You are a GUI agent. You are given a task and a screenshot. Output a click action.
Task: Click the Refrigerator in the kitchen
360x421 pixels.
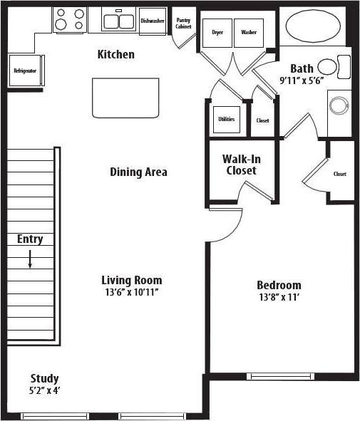point(25,71)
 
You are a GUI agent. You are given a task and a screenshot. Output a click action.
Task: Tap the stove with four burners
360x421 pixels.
point(70,20)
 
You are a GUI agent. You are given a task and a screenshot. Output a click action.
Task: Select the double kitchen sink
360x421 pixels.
point(118,21)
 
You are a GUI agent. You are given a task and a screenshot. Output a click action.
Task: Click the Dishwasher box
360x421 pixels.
point(152,21)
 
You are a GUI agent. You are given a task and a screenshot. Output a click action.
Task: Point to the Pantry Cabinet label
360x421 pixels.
point(183,24)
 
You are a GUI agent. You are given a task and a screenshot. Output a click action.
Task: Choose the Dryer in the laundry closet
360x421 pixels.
point(217,32)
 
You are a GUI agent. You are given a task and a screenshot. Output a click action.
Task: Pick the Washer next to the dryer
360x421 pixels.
point(248,32)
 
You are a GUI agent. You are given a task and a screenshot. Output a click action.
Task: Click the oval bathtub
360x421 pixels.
point(313,27)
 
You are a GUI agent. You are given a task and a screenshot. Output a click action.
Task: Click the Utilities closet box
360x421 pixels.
point(227,119)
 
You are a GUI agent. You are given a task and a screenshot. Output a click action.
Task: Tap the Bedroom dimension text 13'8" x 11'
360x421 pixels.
point(279,298)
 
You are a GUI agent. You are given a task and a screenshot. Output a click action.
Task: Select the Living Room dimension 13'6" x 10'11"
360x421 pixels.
point(131,293)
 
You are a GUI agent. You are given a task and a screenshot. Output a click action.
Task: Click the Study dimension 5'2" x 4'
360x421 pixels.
point(44,391)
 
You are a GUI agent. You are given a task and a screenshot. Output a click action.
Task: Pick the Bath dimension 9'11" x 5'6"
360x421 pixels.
point(302,80)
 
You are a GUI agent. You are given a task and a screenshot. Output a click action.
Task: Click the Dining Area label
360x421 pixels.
point(138,172)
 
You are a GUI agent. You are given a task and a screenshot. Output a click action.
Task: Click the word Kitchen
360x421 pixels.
point(115,54)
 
